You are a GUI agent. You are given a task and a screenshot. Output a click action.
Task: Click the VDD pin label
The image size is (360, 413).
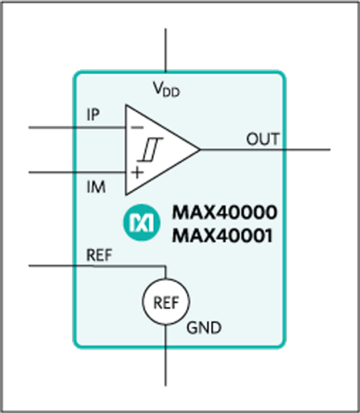(x=167, y=90)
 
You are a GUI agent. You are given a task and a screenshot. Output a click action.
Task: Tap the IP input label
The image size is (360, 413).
(x=93, y=114)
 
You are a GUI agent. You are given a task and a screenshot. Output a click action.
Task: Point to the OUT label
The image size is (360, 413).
(x=263, y=138)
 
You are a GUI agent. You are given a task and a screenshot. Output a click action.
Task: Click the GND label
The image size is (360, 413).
(x=204, y=328)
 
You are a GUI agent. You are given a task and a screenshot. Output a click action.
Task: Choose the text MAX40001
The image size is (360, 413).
(x=222, y=235)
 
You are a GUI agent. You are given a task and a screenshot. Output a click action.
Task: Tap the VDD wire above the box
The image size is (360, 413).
(x=166, y=50)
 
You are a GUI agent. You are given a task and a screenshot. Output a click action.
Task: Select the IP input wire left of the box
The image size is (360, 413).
(x=50, y=128)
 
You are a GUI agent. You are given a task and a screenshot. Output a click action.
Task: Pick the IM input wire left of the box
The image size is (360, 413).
(x=50, y=172)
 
